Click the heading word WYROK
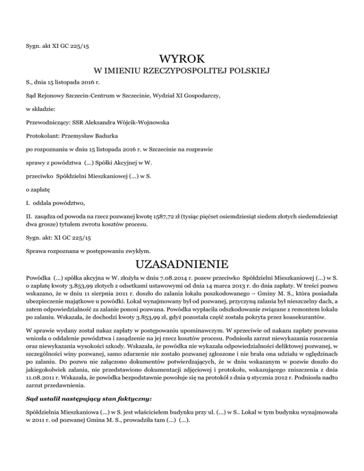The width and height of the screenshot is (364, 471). pos(182,60)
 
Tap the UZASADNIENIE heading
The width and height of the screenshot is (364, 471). pos(182,263)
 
